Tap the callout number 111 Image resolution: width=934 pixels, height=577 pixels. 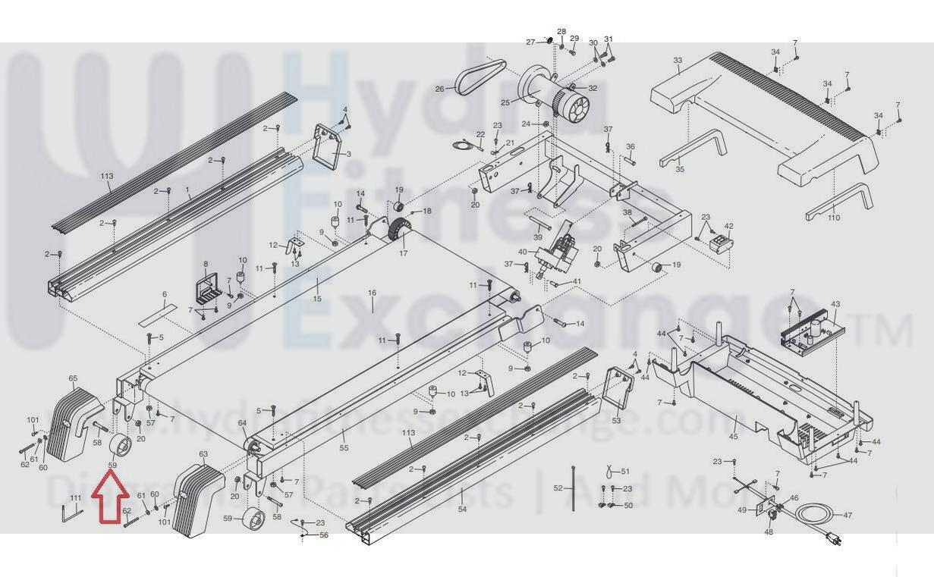point(75,497)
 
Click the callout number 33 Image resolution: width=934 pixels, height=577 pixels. point(678,61)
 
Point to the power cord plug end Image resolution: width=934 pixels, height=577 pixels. point(835,540)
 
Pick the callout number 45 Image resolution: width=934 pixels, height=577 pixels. point(733,437)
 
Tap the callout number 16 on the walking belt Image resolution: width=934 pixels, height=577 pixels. point(372,293)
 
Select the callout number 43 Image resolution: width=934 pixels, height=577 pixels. point(835,305)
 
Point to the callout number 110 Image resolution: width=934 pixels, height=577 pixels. point(834,218)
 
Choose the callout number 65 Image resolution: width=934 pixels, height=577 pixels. point(73,378)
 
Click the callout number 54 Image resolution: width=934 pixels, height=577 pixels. point(462,510)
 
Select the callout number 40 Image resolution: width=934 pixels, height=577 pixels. point(522,252)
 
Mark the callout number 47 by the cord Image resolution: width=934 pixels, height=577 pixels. point(848,516)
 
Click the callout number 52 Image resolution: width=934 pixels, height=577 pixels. point(558,488)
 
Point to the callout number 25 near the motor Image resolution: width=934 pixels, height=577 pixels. point(505,102)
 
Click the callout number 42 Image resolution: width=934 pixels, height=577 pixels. point(729,226)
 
